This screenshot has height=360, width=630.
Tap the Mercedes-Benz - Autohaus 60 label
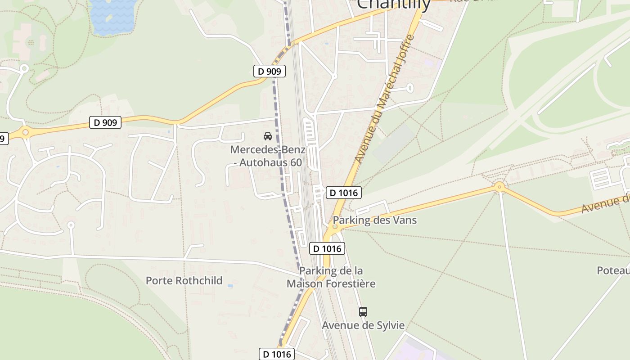click(x=267, y=156)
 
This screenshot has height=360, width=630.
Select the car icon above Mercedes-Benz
click(x=268, y=136)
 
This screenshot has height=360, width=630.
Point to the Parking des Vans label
click(x=374, y=220)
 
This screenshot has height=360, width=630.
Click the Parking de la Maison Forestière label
click(x=331, y=277)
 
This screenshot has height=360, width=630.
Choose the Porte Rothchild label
click(x=184, y=280)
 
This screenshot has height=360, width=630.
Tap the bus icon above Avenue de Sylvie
click(x=363, y=311)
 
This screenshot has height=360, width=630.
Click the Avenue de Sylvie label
click(x=363, y=325)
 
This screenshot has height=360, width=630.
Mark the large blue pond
click(x=113, y=17)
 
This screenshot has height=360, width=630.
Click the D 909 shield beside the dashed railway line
click(x=269, y=71)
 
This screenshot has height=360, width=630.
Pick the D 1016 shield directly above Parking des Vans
click(x=343, y=193)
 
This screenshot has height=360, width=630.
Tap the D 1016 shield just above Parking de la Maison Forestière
click(x=327, y=248)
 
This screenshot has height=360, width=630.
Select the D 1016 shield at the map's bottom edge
click(x=277, y=354)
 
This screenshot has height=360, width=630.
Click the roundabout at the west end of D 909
click(x=25, y=132)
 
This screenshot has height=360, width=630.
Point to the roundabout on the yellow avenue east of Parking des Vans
click(x=499, y=186)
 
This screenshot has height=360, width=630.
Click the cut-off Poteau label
click(x=613, y=270)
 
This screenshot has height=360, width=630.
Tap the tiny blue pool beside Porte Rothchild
click(x=230, y=286)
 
